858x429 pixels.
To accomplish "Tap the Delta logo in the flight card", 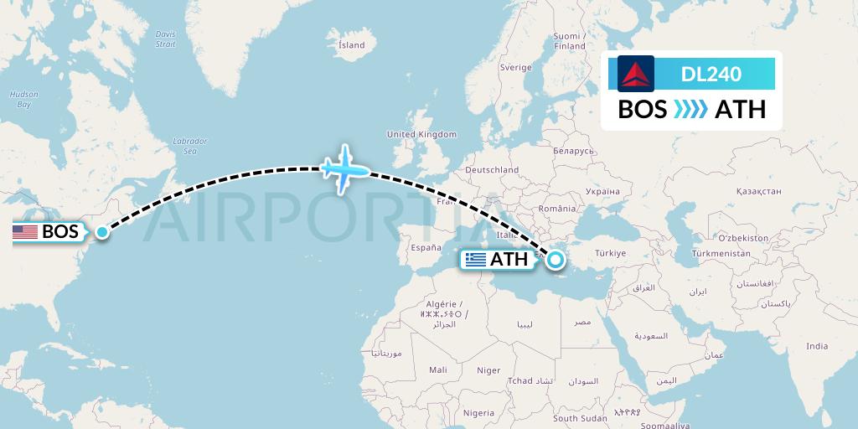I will (x=636, y=74).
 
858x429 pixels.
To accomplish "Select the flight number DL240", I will (x=711, y=74).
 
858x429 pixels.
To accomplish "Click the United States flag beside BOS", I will (x=25, y=232).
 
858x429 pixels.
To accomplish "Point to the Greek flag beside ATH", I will (x=476, y=260).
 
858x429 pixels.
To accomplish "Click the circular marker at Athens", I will (x=555, y=260).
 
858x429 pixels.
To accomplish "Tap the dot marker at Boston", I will (x=101, y=232).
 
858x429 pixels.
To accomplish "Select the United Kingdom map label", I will (x=421, y=134).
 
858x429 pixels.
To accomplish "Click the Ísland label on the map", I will (x=351, y=44).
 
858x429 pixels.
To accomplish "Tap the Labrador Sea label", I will (x=189, y=146).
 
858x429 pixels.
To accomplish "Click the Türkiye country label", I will (x=610, y=253).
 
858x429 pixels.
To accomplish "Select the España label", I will (x=426, y=248).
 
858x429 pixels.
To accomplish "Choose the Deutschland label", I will (x=492, y=169).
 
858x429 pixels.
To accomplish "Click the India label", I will (x=816, y=346).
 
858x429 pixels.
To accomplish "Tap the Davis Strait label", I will (x=165, y=38).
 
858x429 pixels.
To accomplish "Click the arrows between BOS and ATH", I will (x=691, y=110).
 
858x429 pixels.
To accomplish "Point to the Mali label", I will (x=437, y=370).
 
